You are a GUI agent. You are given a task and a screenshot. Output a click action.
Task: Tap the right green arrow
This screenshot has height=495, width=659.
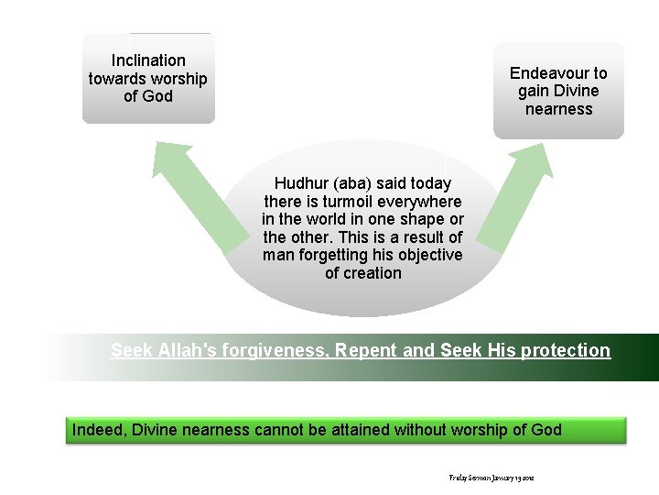coord(509,202)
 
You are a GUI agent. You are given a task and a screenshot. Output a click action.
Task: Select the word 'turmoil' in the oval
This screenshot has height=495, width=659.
coord(361,201)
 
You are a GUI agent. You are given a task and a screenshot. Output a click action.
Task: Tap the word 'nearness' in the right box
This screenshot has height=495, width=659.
coord(558,109)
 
